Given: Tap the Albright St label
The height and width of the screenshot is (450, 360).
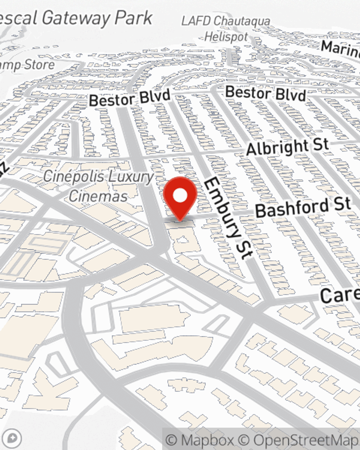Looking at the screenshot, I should [287, 147].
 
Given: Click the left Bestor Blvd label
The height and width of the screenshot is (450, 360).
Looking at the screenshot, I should [130, 98].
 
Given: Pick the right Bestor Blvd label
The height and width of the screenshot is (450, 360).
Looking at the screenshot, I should [265, 93].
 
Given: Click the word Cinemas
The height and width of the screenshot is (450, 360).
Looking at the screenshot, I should [98, 196].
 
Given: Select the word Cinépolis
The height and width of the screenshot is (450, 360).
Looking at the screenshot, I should [74, 176].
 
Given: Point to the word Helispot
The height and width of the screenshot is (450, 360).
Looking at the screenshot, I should [226, 37].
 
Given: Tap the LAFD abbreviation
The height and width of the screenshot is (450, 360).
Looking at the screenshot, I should [195, 21].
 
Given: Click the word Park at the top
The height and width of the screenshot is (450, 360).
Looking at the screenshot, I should [137, 18].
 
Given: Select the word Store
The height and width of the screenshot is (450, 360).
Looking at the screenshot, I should [40, 65].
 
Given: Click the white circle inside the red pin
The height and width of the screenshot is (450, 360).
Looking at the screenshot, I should [180, 195].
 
